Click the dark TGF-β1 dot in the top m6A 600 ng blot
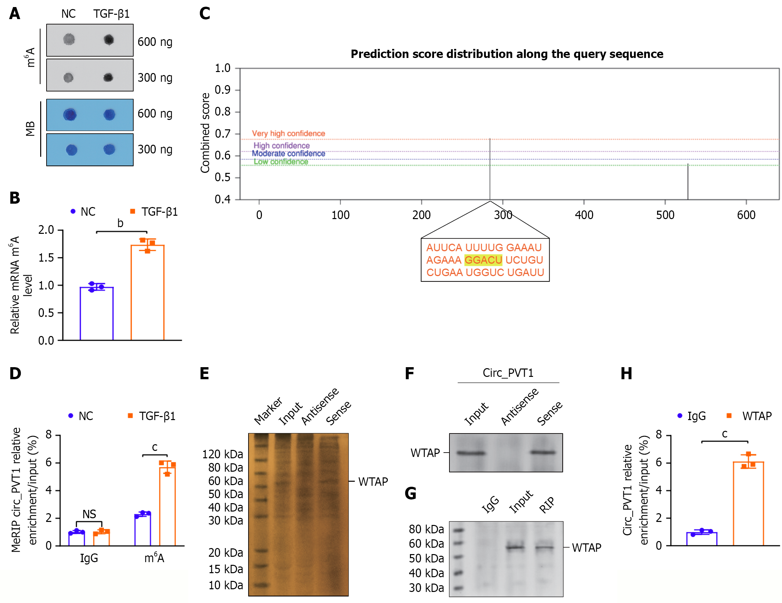(109, 40)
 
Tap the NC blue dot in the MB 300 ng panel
(72, 150)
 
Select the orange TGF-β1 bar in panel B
(147, 292)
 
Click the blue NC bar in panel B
(97, 313)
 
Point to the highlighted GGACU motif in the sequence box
(483, 260)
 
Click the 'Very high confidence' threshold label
(288, 134)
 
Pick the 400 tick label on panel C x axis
(584, 215)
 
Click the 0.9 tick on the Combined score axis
(223, 90)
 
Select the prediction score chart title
(507, 54)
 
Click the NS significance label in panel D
(89, 514)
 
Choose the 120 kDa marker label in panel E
(223, 454)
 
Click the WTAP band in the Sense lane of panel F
(543, 453)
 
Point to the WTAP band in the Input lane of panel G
(515, 547)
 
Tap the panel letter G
(410, 493)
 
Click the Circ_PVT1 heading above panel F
(508, 373)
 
